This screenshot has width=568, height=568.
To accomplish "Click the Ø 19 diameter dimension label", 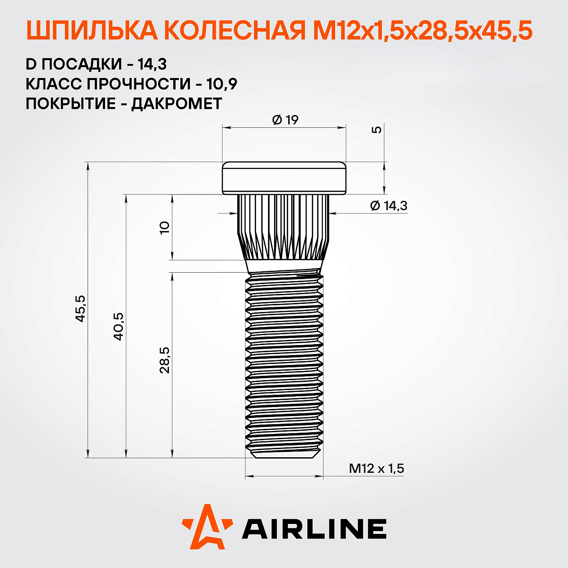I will pyautogui.click(x=285, y=120).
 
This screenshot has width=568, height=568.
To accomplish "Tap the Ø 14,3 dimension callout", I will pyautogui.click(x=388, y=206).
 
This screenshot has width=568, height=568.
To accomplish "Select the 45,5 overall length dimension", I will pyautogui.click(x=80, y=308).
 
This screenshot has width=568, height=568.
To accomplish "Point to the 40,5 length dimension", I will pyautogui.click(x=118, y=326).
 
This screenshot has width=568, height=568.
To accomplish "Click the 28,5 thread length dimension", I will pyautogui.click(x=164, y=360).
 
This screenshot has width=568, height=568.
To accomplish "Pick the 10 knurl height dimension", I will pyautogui.click(x=164, y=228).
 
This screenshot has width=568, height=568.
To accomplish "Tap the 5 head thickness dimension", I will pyautogui.click(x=377, y=130).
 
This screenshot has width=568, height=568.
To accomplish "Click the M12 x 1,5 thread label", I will pyautogui.click(x=376, y=469).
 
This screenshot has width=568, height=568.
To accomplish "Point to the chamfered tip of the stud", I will pyautogui.click(x=284, y=454).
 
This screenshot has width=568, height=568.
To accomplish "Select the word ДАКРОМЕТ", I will pyautogui.click(x=177, y=104).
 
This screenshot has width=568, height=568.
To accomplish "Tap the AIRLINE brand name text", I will pyautogui.click(x=314, y=529).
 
